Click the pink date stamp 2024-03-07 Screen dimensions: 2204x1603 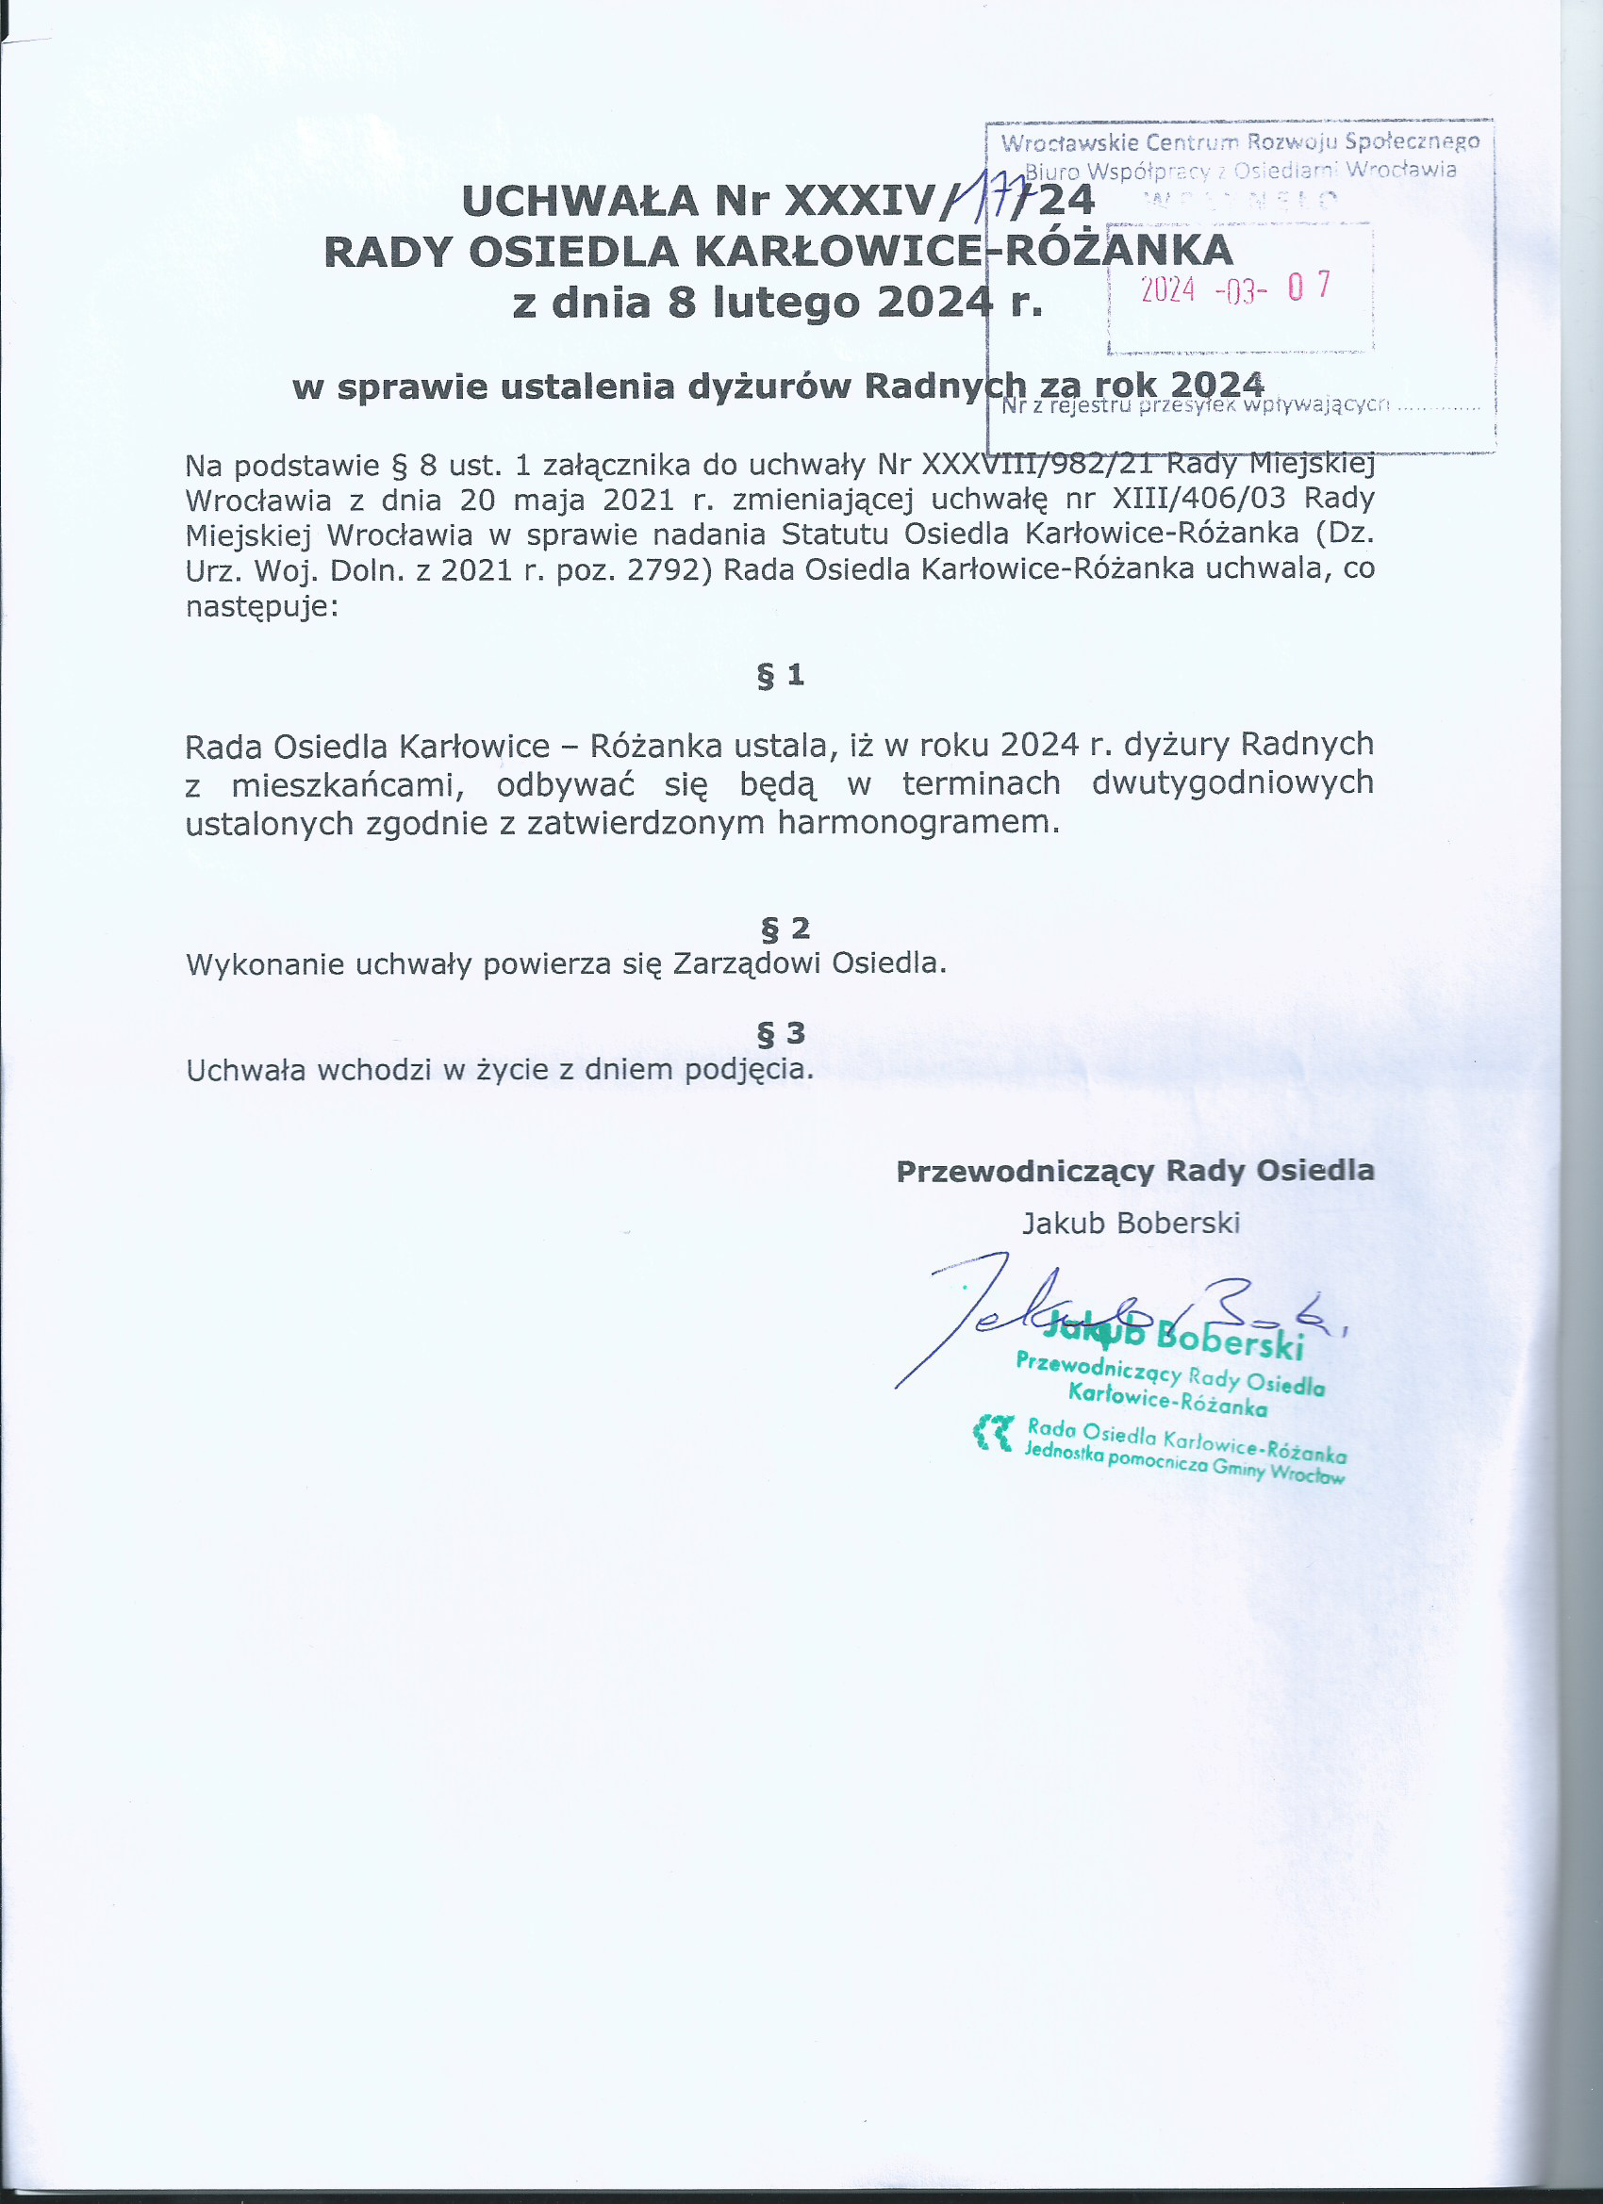[1234, 288]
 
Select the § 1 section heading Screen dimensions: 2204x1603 [781, 674]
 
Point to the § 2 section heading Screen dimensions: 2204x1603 [785, 928]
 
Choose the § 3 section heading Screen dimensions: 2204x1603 [782, 1032]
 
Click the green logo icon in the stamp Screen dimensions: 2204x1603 [995, 1434]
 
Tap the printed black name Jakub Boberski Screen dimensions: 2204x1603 [1131, 1222]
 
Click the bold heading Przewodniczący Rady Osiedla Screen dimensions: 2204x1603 [1134, 1170]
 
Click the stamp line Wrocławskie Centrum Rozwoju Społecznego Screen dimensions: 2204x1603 [1239, 143]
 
